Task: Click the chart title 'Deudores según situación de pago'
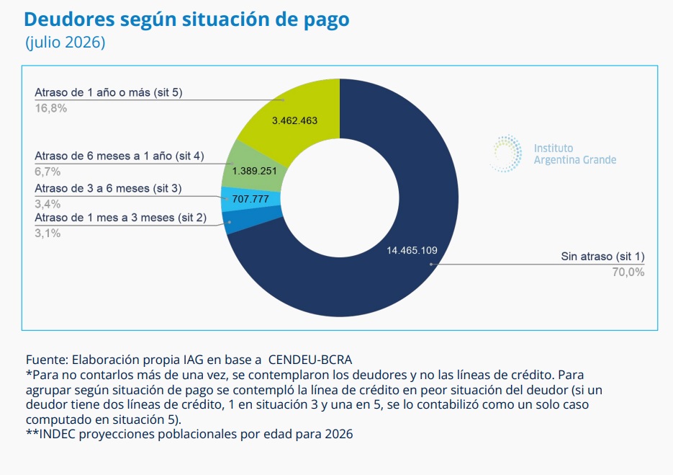point(186,19)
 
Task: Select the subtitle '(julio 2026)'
point(66,43)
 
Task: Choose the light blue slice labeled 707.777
point(250,199)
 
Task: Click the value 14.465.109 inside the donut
point(412,251)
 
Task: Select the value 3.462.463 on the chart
point(295,121)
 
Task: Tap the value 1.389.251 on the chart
point(255,171)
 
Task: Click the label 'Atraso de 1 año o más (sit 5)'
point(109,92)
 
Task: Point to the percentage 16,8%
point(50,108)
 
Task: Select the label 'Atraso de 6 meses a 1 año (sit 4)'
point(119,156)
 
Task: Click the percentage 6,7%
point(48,172)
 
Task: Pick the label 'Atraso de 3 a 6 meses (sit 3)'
point(108,188)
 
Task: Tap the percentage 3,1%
point(48,234)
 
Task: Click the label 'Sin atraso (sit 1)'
point(602,257)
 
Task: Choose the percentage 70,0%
point(628,272)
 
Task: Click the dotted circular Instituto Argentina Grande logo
point(507,154)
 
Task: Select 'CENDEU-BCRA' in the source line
point(310,360)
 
